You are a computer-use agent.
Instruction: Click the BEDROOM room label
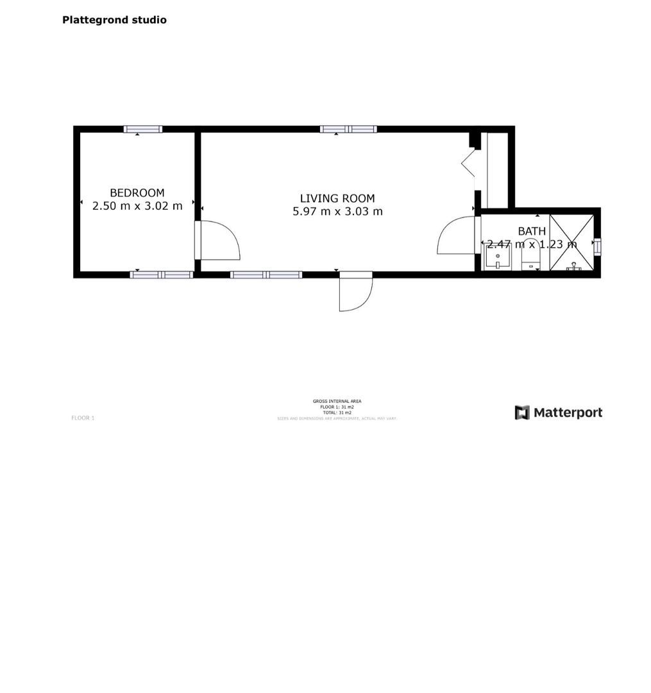137,193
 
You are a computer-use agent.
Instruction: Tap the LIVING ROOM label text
337,198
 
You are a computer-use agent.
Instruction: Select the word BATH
532,231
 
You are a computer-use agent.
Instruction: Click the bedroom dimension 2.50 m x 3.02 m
137,206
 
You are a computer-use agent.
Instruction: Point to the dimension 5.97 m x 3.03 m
337,211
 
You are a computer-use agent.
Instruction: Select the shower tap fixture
573,266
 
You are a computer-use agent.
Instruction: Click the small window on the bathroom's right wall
597,246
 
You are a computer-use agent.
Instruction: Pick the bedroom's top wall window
142,129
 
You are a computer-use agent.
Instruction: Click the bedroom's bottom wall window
162,275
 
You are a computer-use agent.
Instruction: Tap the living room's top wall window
348,129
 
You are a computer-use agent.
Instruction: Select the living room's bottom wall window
266,275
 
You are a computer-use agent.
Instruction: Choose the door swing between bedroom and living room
220,241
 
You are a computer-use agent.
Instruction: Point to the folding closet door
468,163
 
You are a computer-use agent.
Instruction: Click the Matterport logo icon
522,413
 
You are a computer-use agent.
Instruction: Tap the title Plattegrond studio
114,20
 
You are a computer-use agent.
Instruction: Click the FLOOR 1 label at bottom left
83,418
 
